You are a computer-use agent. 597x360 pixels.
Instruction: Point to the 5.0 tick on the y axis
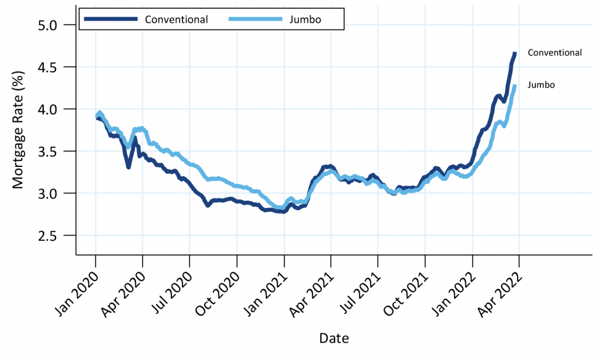[x=55, y=25]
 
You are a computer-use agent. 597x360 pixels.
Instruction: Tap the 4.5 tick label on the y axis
[x=55, y=67]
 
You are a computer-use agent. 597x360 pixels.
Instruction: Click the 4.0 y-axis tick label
[x=55, y=109]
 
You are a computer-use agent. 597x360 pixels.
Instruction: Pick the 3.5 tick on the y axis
[x=55, y=151]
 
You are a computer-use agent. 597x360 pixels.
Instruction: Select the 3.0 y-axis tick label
[x=55, y=193]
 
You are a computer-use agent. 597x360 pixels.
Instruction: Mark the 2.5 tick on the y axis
[x=55, y=235]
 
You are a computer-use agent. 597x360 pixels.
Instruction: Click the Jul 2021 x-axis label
[x=362, y=288]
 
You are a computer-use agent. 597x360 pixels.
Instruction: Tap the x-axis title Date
[x=334, y=338]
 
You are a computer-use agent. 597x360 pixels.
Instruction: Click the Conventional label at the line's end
[x=554, y=53]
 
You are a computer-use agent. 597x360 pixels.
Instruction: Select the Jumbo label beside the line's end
[x=540, y=85]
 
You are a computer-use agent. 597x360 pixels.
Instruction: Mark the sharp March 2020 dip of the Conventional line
[x=128, y=167]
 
